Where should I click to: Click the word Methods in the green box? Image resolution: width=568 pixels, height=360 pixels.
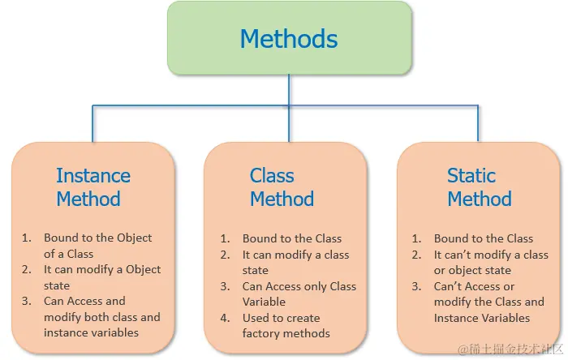289,38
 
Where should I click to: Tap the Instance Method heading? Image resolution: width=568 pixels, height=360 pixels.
93,187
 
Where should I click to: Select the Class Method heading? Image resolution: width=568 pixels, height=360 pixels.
282,187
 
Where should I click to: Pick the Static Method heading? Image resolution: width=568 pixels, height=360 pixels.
480,187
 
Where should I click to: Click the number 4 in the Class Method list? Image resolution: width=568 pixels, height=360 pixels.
226,318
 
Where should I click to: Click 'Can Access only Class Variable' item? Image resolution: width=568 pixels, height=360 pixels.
299,294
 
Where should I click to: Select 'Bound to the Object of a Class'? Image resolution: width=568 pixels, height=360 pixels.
97,246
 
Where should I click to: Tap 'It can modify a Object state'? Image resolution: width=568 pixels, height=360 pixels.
102,277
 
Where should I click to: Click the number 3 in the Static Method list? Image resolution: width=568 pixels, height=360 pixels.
417,286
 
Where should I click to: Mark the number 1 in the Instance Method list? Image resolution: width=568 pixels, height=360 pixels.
26,238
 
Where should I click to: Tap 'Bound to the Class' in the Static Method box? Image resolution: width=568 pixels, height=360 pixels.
484,238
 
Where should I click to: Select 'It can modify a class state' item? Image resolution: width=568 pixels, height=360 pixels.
295,262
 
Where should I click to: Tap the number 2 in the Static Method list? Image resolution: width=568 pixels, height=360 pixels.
417,255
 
